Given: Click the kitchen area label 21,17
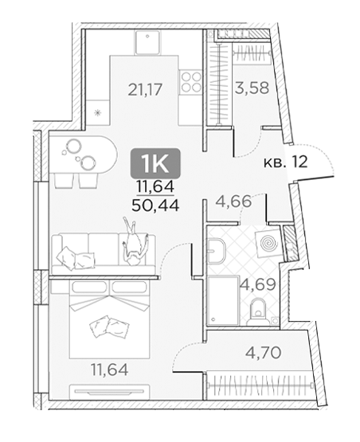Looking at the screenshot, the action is coord(145,90).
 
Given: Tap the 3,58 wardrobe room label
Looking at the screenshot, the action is coord(252,88).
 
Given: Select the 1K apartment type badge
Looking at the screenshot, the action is coord(155,163).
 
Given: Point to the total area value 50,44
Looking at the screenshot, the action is coord(155,205).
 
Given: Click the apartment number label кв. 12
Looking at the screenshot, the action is coord(285,162).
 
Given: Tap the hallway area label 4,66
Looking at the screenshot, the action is coord(233,201).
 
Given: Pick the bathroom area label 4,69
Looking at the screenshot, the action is coord(257,284).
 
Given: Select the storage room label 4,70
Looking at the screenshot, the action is coord(263,352).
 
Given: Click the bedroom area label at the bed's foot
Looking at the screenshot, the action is coord(110,370).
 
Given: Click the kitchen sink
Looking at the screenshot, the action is coord(148,42).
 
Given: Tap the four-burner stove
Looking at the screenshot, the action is coord(191,81).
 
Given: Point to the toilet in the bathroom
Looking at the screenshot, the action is coord(258,311).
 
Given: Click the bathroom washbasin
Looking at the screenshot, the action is coord(217,249).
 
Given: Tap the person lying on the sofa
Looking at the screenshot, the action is coord(134,241).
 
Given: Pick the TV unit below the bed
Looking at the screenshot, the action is coord(110,391).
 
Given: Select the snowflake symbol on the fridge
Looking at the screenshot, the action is coord(97,113).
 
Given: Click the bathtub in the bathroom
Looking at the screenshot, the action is coord(223,300).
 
